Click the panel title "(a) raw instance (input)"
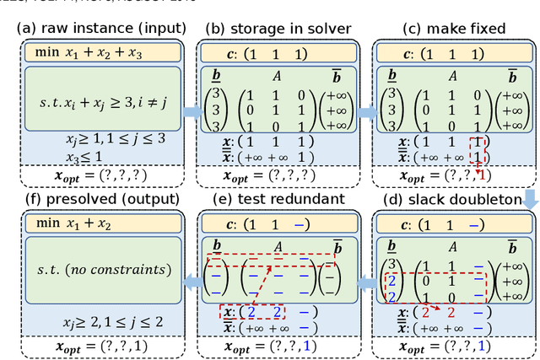point(100,28)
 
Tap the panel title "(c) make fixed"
point(454,28)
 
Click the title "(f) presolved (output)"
point(100,199)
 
